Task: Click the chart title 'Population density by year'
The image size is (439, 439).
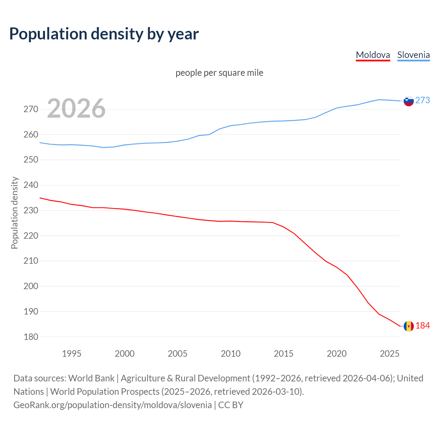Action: (104, 34)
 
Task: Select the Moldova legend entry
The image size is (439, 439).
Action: (373, 55)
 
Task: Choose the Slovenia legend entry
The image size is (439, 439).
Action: (413, 55)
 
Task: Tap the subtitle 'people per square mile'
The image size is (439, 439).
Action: (219, 73)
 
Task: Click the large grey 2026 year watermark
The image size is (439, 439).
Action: (76, 108)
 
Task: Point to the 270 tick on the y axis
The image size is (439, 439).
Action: (31, 109)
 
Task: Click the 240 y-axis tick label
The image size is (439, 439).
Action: (31, 185)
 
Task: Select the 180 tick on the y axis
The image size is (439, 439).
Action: (31, 337)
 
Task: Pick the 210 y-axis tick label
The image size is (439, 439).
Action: (31, 261)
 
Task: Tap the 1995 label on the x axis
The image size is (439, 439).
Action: (71, 354)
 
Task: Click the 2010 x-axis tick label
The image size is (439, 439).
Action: (230, 354)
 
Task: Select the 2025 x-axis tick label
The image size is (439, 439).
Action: (390, 354)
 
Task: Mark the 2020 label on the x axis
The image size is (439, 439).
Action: (336, 354)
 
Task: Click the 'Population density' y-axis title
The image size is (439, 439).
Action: (14, 213)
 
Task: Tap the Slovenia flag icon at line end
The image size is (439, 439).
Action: (408, 101)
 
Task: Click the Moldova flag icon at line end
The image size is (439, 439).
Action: (408, 326)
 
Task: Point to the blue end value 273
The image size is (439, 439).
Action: (423, 100)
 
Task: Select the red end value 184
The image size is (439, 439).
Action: (423, 325)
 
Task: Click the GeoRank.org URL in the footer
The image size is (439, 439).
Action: (112, 405)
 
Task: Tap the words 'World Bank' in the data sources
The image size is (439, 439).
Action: (91, 378)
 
